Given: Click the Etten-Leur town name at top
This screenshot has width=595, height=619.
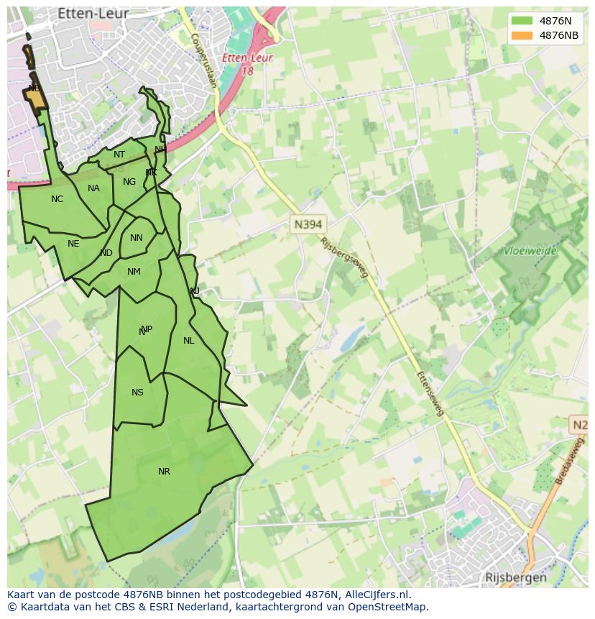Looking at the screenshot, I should click(93, 14).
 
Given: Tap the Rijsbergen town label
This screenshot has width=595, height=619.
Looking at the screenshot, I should click(515, 577).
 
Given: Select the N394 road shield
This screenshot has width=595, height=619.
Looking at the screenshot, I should click(308, 224).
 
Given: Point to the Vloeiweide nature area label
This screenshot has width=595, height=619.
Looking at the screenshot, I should click(530, 252).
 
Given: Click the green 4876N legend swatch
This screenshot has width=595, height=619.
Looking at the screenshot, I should click(521, 21).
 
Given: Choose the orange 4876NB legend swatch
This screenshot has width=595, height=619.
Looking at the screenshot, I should click(521, 35).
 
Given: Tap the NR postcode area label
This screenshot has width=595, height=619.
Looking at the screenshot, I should click(164, 472).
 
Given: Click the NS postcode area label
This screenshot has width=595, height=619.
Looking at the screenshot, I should click(137, 393).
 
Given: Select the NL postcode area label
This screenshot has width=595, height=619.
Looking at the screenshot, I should click(188, 341).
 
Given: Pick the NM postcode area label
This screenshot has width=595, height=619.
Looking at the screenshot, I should click(134, 272).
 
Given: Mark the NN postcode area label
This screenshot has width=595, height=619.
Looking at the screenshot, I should click(136, 238).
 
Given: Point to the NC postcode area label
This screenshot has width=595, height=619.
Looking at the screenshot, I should click(57, 199).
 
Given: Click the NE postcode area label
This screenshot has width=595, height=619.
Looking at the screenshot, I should click(73, 244).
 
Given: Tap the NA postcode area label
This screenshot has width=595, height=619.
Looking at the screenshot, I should click(93, 188).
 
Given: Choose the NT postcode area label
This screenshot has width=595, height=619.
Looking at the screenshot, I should click(119, 155).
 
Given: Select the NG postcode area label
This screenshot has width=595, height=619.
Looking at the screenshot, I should click(129, 182).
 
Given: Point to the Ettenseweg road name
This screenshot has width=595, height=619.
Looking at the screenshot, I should click(431, 394).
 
